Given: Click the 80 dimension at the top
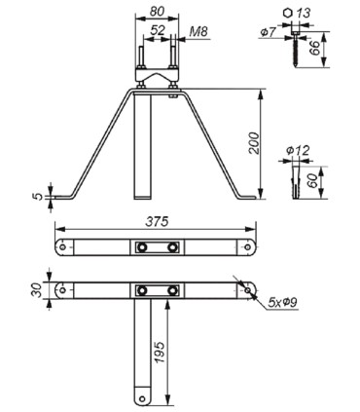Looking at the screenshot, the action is pos(157,11).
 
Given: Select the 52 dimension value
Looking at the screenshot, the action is pos(158,30).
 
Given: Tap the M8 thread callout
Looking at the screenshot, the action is pos(198,31).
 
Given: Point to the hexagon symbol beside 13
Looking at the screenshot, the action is pos(287,13).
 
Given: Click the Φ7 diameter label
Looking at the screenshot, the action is pos(268,32).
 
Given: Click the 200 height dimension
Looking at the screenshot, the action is pos(254,143).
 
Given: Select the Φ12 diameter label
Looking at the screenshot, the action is pos(298,151).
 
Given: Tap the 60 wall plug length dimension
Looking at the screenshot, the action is pos(313,181).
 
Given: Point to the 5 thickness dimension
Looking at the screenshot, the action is pos(39,197).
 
